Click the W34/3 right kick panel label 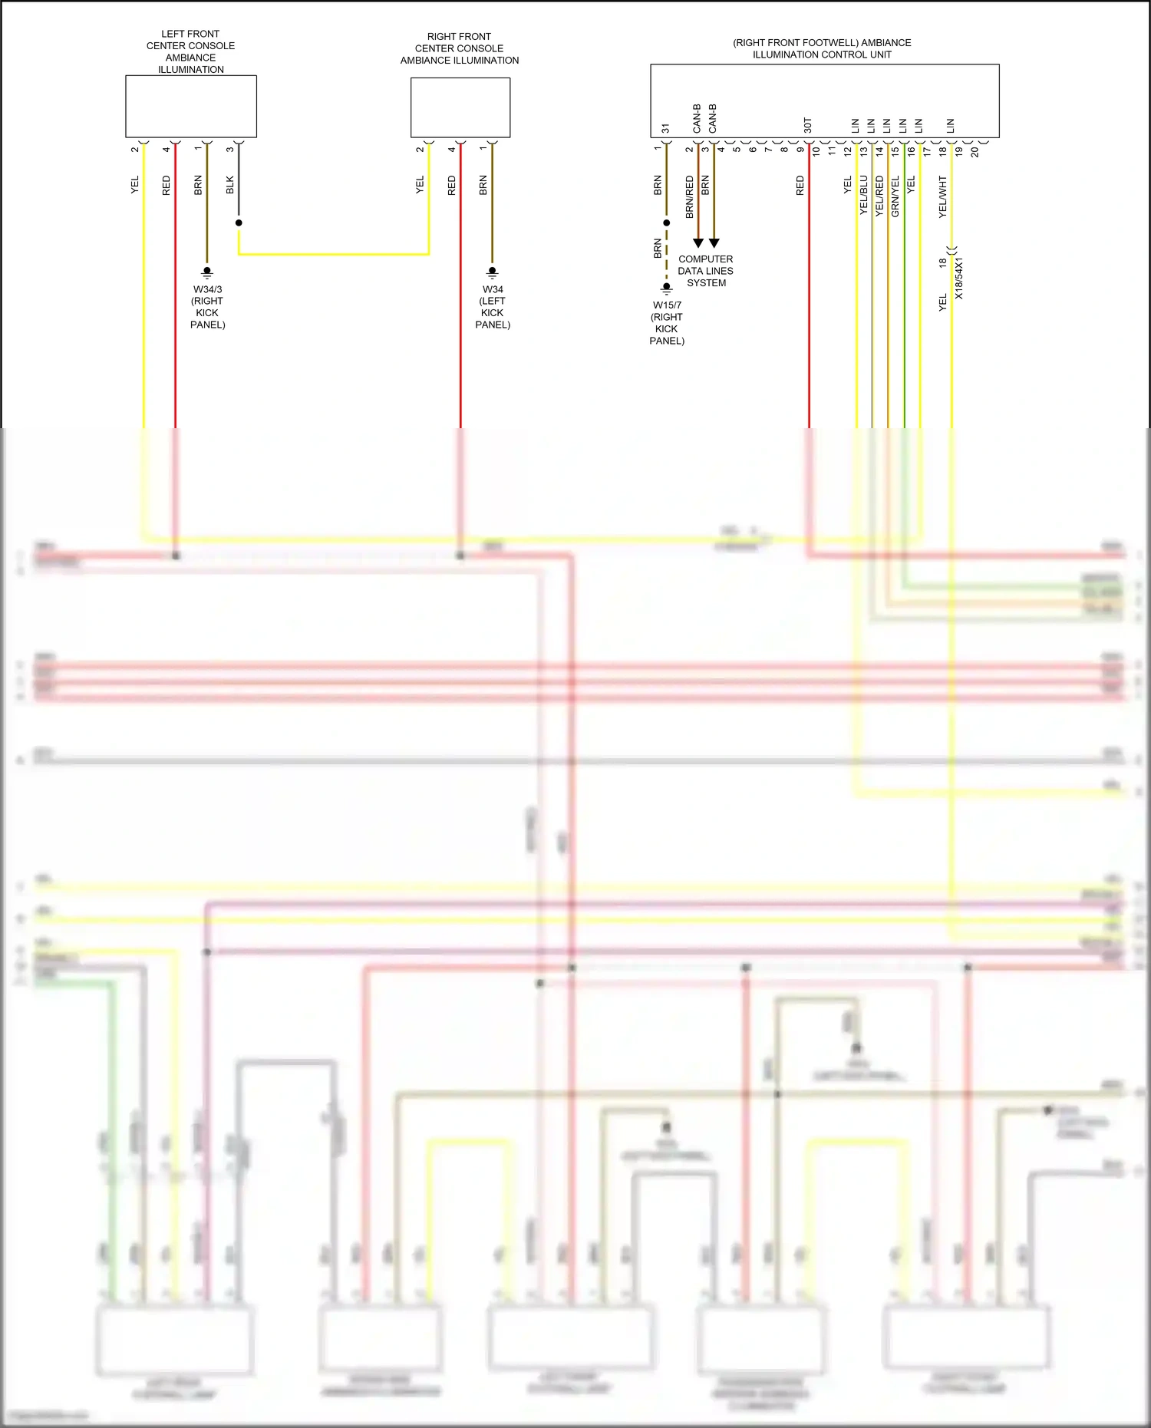pos(207,307)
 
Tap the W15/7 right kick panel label pos(667,323)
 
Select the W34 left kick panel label pos(493,307)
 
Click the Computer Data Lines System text pos(706,271)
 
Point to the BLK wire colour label pos(230,185)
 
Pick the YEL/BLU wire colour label pos(864,195)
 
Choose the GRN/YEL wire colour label pos(895,196)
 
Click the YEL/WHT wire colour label pos(943,196)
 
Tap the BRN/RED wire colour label pos(689,196)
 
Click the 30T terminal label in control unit pos(807,125)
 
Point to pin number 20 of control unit pos(975,152)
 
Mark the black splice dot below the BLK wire pos(239,223)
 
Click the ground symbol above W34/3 pos(207,272)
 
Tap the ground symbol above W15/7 pos(667,288)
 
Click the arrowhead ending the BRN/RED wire pos(698,242)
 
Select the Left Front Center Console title pos(190,51)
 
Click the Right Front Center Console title pos(460,48)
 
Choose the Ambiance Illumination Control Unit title pos(822,48)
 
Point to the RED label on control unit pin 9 pos(800,185)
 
